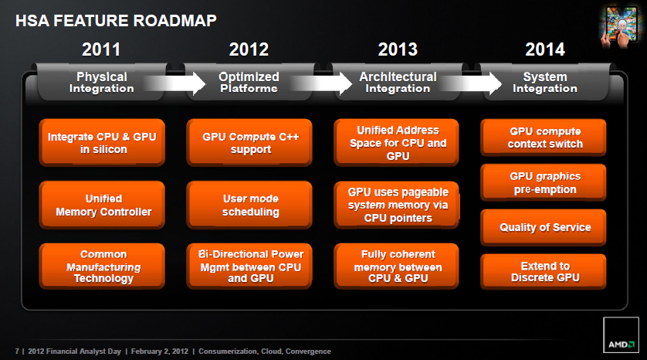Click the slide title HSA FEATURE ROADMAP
[116, 21]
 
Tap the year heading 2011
[101, 49]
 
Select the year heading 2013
[398, 49]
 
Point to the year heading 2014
[544, 49]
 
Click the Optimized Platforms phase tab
[249, 82]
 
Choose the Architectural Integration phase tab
[398, 82]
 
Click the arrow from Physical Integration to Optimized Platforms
[175, 83]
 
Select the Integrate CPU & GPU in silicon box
[102, 142]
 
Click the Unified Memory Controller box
[102, 205]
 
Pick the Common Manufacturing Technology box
[102, 266]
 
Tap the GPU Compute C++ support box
[249, 142]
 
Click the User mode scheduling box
[249, 205]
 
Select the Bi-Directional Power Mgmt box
[249, 266]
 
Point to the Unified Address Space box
[396, 142]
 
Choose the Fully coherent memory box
[396, 266]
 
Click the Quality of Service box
[544, 227]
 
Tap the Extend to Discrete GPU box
[544, 272]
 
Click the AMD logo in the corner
[621, 335]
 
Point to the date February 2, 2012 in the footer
[160, 352]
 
